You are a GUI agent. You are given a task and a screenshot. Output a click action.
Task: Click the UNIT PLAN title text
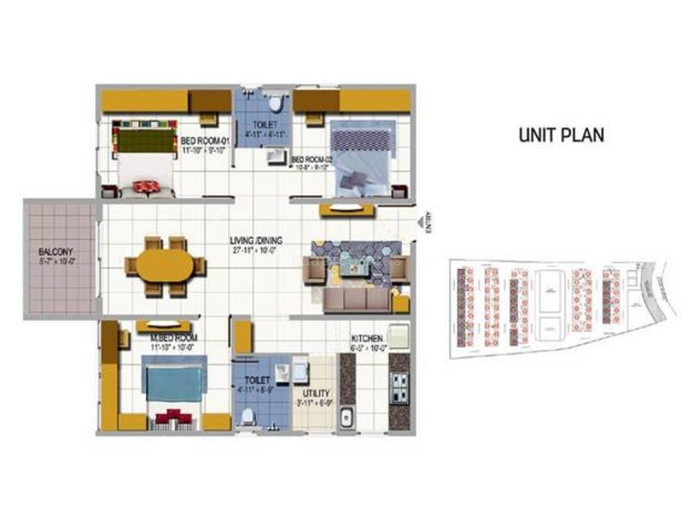561,135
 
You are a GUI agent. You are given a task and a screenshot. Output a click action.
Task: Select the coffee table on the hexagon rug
356,264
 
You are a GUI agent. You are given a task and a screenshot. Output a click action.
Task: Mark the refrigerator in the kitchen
400,335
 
